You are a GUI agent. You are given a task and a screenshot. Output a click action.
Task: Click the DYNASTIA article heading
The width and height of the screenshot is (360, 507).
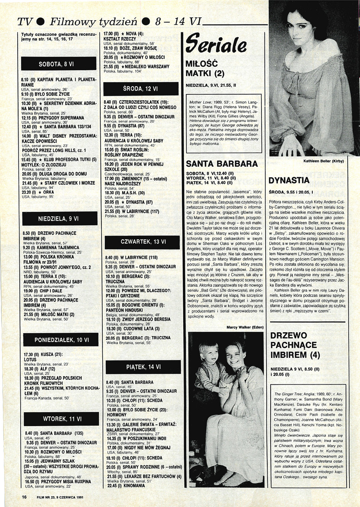point(289,181)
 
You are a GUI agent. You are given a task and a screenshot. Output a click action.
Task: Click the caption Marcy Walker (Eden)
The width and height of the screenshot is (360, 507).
point(245,315)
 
